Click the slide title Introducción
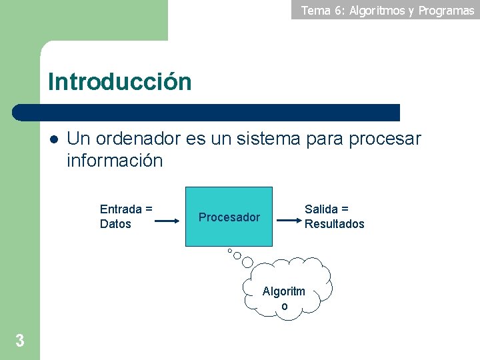(x=119, y=82)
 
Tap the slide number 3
(x=20, y=341)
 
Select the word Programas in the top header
(x=446, y=10)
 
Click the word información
(x=114, y=161)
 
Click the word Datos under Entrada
(x=115, y=224)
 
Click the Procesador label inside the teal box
(x=229, y=217)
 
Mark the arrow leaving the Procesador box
(x=288, y=217)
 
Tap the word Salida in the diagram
(x=321, y=209)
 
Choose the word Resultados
(x=335, y=224)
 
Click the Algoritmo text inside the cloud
(x=284, y=298)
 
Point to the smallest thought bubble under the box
(x=229, y=251)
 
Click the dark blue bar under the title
(x=207, y=113)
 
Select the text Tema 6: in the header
(x=319, y=10)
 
